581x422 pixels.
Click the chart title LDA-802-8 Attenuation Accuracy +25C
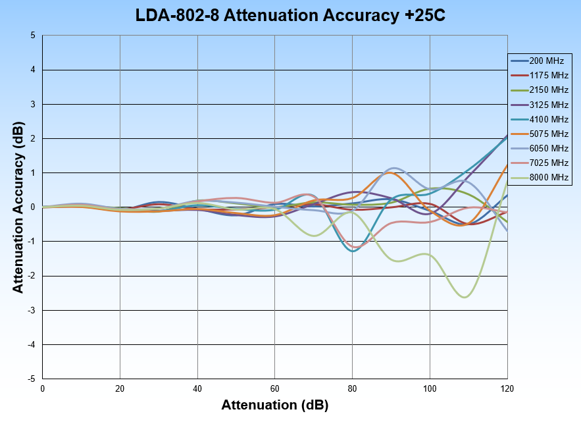[290, 16]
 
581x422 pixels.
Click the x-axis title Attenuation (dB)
[275, 404]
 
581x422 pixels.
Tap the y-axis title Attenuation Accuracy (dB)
[18, 207]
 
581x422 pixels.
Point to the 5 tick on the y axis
[33, 36]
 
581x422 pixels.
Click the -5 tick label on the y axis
[31, 379]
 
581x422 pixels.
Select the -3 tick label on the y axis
[31, 310]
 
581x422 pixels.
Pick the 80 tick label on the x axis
[353, 388]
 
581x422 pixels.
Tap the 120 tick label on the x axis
[507, 388]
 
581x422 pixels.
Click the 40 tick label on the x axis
[197, 388]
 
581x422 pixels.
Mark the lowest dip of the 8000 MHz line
[465, 297]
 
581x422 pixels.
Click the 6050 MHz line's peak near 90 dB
[393, 168]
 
